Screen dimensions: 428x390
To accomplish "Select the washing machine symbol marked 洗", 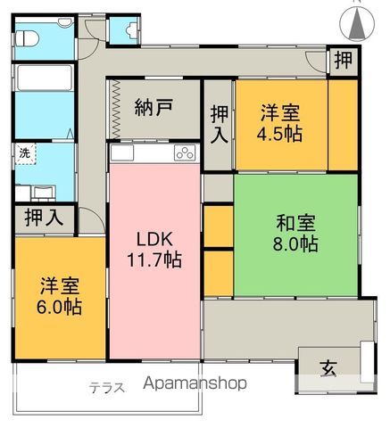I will pos(25,152).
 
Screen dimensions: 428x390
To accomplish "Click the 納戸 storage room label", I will pos(154,109).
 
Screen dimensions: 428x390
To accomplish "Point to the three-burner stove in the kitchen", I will pos(184,152).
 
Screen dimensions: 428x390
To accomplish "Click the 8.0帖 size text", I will pos(295,243).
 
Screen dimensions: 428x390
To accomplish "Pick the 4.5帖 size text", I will pos(279,136).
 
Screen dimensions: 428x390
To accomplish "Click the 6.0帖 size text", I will pos(61,309).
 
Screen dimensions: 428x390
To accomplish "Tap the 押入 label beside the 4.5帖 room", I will pos(219,125).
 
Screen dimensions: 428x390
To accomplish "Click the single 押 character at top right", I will pos(343,62).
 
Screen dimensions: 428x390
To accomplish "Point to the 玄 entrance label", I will pos(328,365).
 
